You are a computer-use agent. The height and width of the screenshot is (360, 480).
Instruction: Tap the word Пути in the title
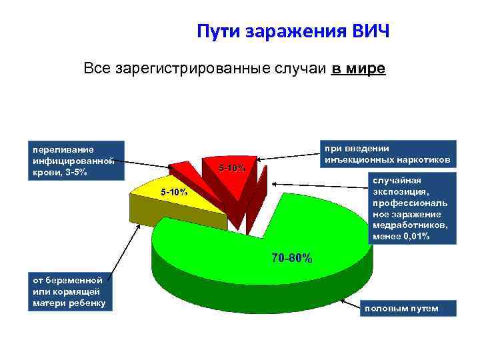[x=218, y=32]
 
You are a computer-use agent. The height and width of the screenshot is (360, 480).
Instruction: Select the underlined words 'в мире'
[x=358, y=69]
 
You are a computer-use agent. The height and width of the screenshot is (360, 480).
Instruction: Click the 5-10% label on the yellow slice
[x=175, y=192]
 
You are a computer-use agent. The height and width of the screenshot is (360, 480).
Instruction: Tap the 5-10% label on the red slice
[x=233, y=167]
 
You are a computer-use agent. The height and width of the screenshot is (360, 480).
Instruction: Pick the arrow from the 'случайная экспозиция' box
[x=320, y=183]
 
